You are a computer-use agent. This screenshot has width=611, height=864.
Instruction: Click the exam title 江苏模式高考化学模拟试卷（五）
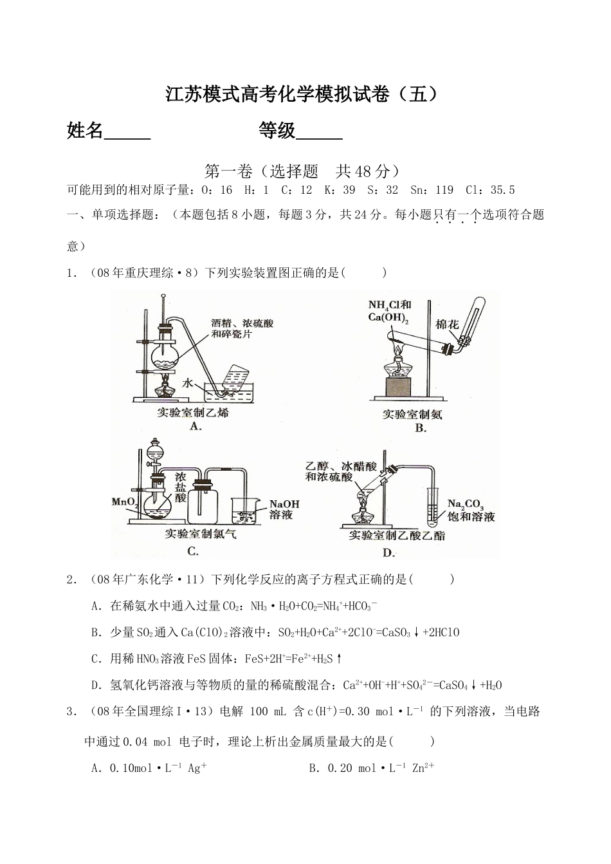tap(305, 95)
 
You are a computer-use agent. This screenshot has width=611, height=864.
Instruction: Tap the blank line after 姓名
tap(127, 132)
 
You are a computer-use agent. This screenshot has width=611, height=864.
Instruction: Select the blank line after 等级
tap(320, 132)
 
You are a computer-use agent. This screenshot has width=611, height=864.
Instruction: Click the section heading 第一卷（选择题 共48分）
tap(305, 171)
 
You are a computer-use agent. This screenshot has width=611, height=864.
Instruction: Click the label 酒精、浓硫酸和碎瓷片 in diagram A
tap(242, 328)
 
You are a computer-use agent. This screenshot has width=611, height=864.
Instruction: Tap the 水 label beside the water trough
tap(187, 382)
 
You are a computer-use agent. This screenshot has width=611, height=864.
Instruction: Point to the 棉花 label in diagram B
tap(447, 324)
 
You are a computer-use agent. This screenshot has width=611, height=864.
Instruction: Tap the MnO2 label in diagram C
tap(123, 502)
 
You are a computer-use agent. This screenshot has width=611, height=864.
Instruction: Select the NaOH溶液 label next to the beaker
tap(284, 509)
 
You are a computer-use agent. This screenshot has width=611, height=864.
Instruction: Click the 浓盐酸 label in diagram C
tap(180, 487)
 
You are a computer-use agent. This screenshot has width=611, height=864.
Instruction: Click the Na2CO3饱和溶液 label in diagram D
tap(471, 510)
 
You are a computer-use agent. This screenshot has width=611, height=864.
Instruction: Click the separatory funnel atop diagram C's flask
tap(155, 452)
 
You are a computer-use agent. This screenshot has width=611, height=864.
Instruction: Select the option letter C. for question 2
tap(97, 659)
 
